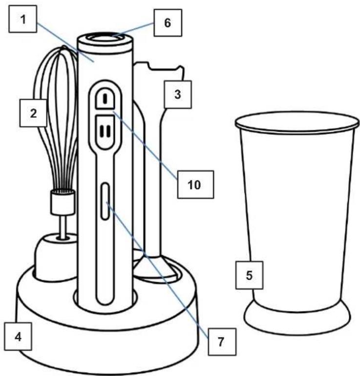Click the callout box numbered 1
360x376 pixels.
(23, 19)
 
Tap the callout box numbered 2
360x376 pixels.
(33, 113)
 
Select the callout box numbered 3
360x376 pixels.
(178, 94)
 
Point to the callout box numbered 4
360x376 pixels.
(18, 337)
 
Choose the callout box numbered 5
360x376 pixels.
(249, 275)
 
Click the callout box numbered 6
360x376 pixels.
(168, 23)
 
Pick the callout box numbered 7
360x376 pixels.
(222, 342)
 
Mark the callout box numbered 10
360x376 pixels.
(195, 185)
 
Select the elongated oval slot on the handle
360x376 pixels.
(105, 201)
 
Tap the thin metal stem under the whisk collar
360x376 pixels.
(63, 226)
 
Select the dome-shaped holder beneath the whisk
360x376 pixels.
(56, 257)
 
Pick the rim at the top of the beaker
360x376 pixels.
(297, 123)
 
